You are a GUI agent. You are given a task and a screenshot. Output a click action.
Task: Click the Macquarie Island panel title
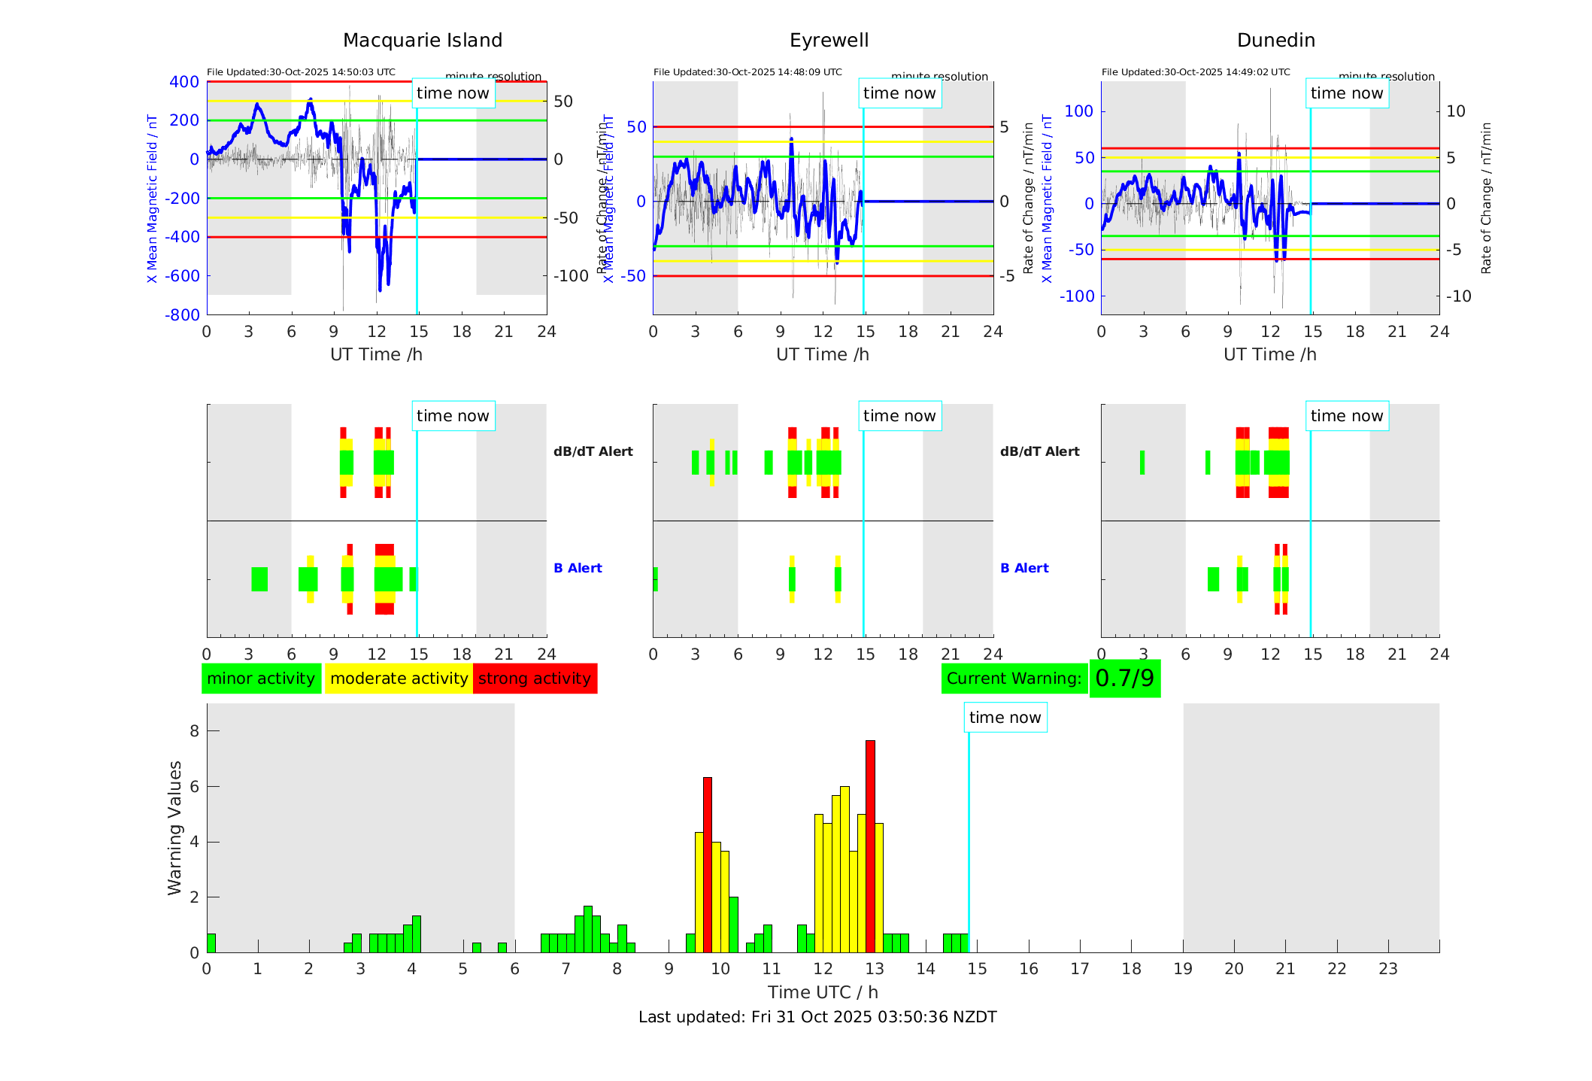point(422,40)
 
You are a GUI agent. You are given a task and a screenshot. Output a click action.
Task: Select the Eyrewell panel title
point(829,40)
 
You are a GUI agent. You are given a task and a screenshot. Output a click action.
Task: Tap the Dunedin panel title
point(1275,40)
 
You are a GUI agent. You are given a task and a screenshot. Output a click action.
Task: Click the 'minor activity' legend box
point(261,678)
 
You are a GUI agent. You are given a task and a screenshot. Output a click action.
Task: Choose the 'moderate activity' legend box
point(399,678)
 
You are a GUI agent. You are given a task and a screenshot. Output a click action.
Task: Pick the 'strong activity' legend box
point(535,678)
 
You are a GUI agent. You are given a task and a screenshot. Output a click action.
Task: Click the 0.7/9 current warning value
point(1124,678)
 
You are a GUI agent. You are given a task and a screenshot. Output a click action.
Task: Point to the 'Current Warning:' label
point(1014,678)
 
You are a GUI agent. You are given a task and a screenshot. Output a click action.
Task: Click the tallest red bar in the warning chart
point(870,846)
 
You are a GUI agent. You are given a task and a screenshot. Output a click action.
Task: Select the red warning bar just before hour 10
point(707,865)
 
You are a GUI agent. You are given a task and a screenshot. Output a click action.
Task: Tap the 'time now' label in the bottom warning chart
point(1005,717)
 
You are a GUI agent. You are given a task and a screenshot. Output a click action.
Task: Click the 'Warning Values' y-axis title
point(174,827)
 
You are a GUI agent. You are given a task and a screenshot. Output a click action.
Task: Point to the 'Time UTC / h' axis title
point(823,992)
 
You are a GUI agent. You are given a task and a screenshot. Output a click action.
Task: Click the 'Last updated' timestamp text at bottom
point(817,1017)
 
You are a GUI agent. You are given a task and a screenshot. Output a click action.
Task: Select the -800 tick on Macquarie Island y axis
point(182,314)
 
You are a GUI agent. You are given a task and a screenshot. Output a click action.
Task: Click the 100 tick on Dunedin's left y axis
point(1079,111)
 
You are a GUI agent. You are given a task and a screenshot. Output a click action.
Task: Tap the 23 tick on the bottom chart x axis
point(1387,969)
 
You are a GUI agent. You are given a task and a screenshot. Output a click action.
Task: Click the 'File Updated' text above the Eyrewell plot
point(747,72)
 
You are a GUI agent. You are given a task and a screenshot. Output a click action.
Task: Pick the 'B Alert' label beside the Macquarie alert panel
point(578,568)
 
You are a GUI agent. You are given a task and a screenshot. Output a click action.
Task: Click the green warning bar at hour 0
point(211,943)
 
